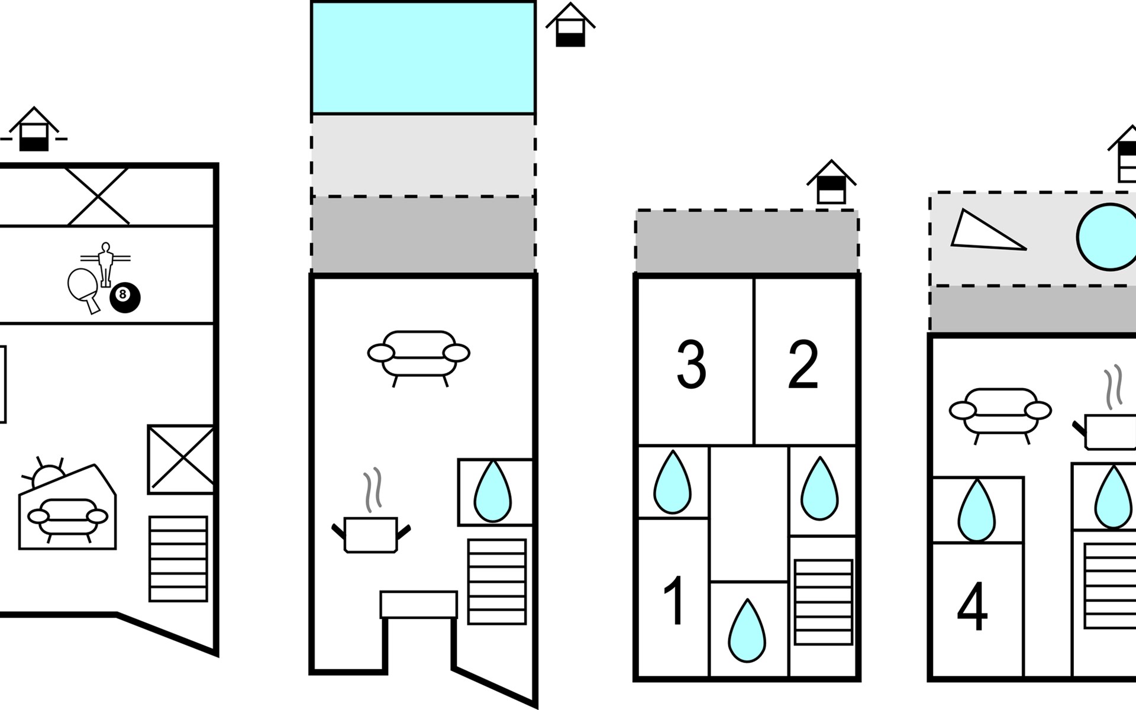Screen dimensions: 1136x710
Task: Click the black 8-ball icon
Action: click(x=125, y=297)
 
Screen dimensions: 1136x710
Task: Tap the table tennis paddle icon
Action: click(x=83, y=288)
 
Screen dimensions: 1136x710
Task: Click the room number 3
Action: click(x=691, y=364)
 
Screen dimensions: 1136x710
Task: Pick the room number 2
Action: click(x=803, y=364)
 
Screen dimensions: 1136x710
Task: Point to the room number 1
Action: click(x=674, y=601)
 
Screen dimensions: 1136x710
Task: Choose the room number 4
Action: click(x=972, y=607)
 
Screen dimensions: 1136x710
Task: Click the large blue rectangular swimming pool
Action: click(x=423, y=57)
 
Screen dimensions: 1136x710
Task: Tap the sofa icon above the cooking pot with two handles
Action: click(x=419, y=355)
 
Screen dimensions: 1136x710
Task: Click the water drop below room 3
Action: click(x=672, y=483)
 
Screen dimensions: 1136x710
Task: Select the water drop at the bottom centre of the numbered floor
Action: click(x=747, y=631)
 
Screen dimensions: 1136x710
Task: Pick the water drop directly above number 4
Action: click(x=977, y=512)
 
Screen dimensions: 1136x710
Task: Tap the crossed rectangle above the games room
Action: click(x=98, y=196)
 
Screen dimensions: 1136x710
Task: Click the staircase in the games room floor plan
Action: click(x=178, y=559)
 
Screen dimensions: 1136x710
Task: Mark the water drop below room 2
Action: click(x=819, y=489)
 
